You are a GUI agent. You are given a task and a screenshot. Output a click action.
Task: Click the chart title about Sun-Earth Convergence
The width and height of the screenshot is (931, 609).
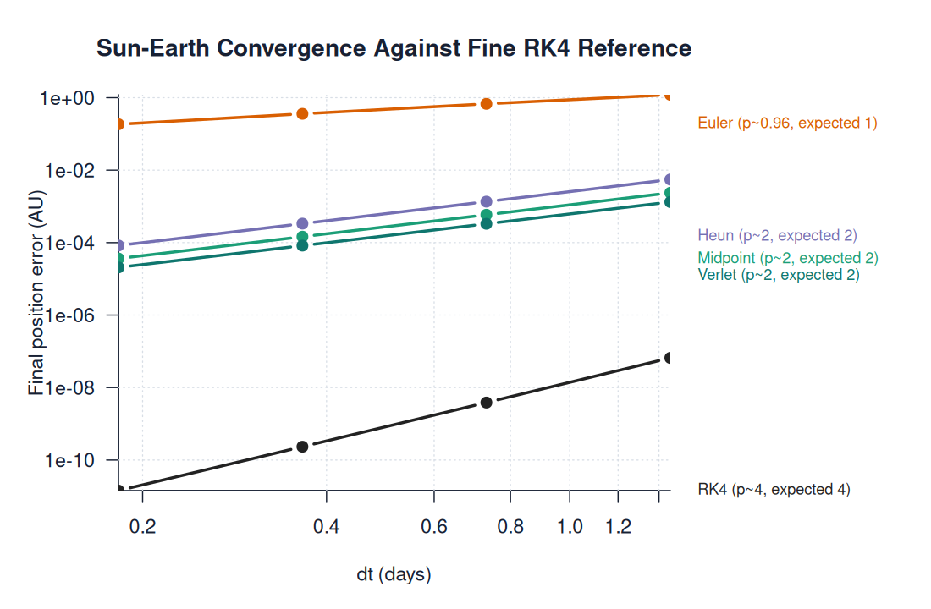pos(394,48)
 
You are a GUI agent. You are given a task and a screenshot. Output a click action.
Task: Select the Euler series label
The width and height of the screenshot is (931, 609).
pos(787,123)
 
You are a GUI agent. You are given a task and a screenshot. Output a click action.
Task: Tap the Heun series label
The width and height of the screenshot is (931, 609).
pos(777,235)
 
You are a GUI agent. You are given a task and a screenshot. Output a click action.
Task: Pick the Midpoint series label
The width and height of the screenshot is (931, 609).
pos(787,258)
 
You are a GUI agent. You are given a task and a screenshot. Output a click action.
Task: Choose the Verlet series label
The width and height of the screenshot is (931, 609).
pos(779,275)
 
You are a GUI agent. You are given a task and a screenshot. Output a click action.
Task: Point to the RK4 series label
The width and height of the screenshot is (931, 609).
pos(774,490)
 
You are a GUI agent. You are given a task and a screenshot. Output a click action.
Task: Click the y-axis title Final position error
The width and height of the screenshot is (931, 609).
pos(36,292)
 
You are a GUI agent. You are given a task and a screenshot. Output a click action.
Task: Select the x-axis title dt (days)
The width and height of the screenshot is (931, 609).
pos(394,575)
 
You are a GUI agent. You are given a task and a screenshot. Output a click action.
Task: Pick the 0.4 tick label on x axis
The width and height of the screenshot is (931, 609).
pos(326,527)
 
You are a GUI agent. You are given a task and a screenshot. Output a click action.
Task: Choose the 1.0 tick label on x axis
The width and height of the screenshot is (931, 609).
pos(570,527)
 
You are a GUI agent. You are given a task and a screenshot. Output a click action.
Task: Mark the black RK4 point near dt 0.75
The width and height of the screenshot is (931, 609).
pos(487,402)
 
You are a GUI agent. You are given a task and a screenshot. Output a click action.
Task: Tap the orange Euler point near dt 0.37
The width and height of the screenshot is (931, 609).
pos(302,113)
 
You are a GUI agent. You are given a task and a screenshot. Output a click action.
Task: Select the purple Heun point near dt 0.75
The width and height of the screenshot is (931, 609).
pos(487,201)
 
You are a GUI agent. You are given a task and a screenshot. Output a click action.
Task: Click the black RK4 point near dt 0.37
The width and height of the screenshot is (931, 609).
pos(302,446)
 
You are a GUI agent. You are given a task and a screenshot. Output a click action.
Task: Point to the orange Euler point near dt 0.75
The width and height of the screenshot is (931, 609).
pos(487,103)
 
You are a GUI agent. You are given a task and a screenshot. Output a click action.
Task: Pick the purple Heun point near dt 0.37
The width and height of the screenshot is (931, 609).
pos(302,223)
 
